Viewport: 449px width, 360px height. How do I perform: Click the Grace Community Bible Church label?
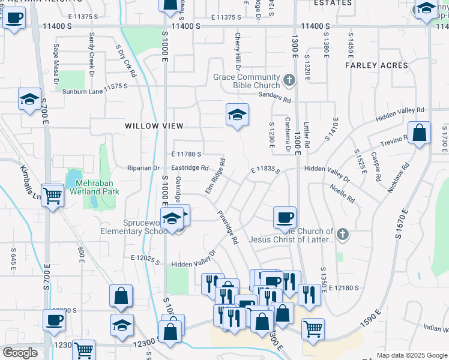247,82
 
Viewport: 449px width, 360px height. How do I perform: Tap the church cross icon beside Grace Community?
289,80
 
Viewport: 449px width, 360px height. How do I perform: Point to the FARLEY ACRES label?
376,65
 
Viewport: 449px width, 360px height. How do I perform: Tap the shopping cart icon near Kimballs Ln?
53,194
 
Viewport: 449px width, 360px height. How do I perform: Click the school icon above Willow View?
237,114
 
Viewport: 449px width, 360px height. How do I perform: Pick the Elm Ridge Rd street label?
215,176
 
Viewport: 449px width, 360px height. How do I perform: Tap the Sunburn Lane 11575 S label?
95,92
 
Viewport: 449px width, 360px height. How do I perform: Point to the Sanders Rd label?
274,95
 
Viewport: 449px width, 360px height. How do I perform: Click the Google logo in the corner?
20,353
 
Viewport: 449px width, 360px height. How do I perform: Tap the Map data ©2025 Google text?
411,355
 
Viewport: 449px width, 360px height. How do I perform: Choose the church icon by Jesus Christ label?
342,235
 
